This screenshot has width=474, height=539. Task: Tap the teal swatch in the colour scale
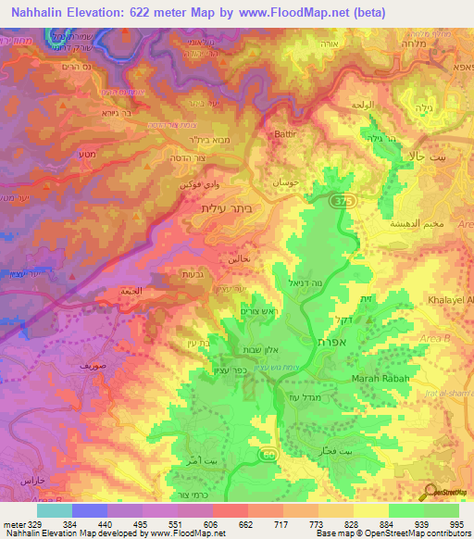click(54, 509)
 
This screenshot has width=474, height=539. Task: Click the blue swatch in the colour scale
click(89, 509)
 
